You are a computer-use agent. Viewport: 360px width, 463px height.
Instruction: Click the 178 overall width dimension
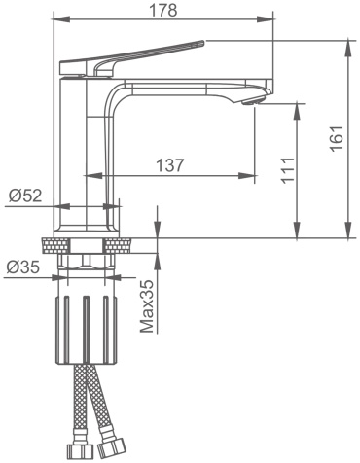click(x=163, y=11)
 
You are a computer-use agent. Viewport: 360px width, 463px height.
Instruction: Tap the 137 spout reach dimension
click(x=170, y=165)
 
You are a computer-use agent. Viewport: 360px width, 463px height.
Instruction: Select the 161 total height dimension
click(x=337, y=138)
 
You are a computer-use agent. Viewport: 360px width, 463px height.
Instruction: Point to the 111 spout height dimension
click(x=288, y=170)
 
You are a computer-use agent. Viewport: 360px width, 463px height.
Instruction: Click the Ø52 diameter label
click(x=25, y=196)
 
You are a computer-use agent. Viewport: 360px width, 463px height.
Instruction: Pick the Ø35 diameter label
click(x=22, y=267)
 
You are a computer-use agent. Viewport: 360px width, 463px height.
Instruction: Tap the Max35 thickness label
click(x=147, y=306)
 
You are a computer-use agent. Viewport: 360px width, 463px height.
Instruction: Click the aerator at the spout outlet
click(x=250, y=102)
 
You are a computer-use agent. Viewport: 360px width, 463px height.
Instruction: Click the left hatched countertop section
click(x=55, y=245)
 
